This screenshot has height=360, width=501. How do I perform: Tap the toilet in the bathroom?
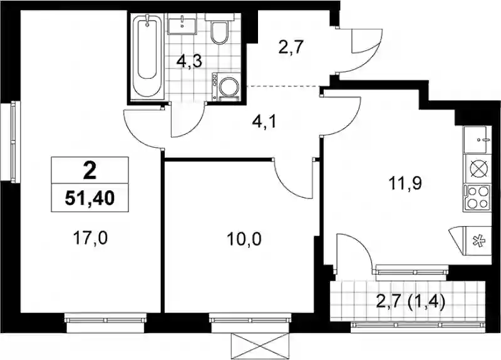219,29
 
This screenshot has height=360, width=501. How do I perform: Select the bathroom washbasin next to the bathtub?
182,24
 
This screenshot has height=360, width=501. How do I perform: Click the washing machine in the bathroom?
227,86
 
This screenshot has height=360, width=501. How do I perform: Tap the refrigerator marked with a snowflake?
477,241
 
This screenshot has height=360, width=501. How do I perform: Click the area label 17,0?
90,238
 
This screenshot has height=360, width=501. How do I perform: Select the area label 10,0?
244,239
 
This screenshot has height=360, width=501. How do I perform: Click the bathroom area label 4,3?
190,61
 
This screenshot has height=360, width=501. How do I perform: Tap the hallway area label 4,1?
264,122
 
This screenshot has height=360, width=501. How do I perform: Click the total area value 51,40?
90,198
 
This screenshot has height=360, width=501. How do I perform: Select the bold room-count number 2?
90,171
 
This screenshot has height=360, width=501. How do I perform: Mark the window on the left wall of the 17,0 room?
13,142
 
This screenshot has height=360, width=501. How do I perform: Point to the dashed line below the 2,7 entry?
284,86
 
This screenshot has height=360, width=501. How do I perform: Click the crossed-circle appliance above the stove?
477,169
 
